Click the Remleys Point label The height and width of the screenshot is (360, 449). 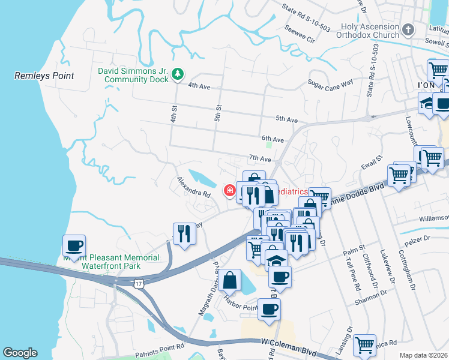44,76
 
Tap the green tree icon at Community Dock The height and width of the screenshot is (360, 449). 178,74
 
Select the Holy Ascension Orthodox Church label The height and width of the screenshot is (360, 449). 369,31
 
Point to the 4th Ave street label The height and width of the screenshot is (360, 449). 199,86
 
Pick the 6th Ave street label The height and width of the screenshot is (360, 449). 273,139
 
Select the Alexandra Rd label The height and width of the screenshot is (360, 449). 193,187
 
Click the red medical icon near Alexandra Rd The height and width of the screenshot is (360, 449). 229,191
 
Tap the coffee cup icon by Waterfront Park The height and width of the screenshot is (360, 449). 74,245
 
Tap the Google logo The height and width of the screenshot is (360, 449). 19,353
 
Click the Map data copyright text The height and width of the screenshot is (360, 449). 423,355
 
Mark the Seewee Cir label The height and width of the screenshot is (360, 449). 300,35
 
